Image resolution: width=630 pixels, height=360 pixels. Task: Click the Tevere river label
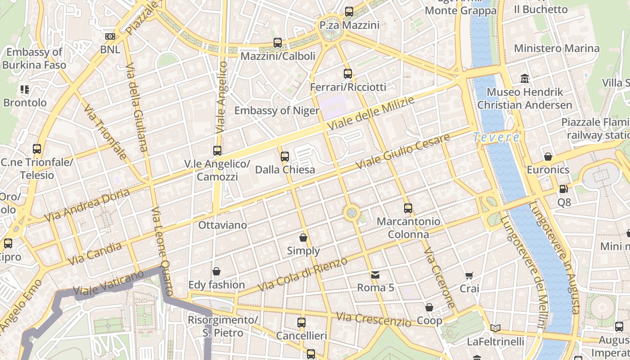click(x=496, y=137)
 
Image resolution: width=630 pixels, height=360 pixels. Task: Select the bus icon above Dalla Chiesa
click(x=284, y=157)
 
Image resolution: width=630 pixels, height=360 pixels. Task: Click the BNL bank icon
click(x=110, y=36)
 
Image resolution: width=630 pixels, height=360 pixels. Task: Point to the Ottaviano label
click(x=223, y=225)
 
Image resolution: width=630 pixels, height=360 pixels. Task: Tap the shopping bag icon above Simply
click(x=303, y=238)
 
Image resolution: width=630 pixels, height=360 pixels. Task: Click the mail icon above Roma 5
click(x=375, y=274)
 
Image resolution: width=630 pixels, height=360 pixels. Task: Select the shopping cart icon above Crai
click(x=469, y=275)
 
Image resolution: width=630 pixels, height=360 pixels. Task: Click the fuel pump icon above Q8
click(x=563, y=189)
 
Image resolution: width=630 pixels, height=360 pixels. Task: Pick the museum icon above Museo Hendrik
click(x=524, y=79)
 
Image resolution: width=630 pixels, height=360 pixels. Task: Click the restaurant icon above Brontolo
click(x=25, y=90)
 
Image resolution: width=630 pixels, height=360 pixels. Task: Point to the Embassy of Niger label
click(x=276, y=111)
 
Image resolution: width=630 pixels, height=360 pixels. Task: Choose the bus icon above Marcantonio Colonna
click(x=408, y=208)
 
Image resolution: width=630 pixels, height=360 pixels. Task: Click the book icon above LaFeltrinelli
click(x=495, y=328)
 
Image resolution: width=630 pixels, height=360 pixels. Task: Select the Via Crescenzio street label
click(x=373, y=319)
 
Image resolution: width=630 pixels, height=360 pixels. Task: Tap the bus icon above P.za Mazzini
click(x=349, y=12)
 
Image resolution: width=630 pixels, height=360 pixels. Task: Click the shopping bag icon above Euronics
click(x=548, y=157)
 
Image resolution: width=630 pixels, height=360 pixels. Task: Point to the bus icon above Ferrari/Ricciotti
click(x=348, y=74)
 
